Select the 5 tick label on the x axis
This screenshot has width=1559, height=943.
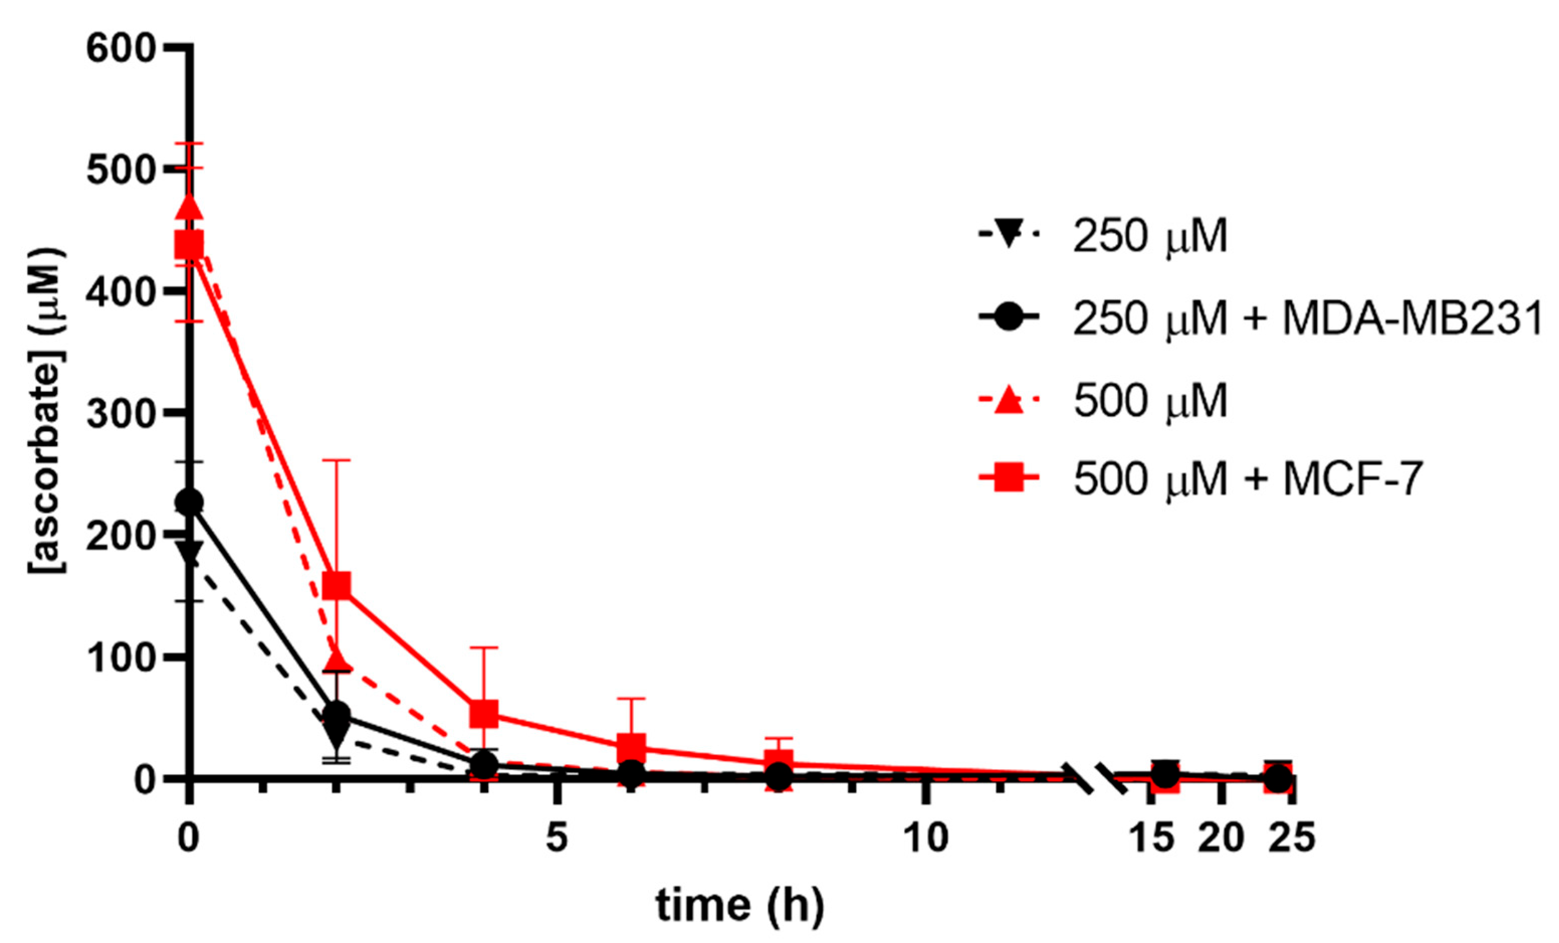tap(556, 838)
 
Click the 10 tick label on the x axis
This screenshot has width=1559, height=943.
tap(925, 838)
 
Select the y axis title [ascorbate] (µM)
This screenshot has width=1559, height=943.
tap(47, 411)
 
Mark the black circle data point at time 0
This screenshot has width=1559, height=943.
tap(188, 502)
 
